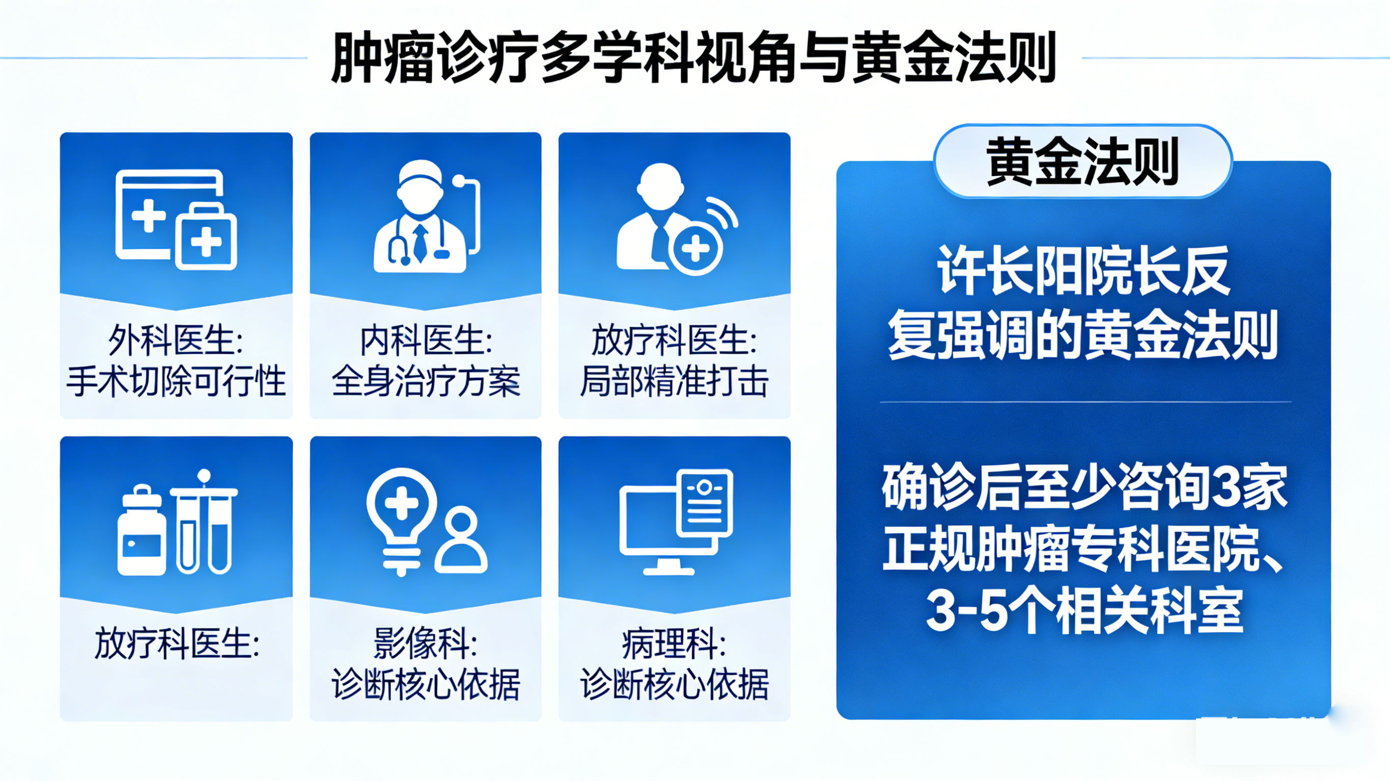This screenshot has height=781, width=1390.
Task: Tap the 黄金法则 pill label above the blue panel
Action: (x=1082, y=161)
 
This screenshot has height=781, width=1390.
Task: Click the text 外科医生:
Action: (x=176, y=341)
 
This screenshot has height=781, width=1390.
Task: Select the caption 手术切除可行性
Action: (x=176, y=381)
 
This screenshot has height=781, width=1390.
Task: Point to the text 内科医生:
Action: (x=426, y=341)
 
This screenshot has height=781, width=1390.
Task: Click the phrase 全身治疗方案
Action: (x=426, y=381)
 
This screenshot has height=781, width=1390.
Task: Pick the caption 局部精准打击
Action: (x=674, y=381)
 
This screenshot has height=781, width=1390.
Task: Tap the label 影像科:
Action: (x=426, y=644)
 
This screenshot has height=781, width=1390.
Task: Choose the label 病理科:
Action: (x=674, y=644)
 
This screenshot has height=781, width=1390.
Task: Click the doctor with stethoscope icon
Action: (x=421, y=218)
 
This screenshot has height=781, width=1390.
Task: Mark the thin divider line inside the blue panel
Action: (x=1085, y=402)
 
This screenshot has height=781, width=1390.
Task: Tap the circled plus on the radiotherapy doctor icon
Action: (x=696, y=249)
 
